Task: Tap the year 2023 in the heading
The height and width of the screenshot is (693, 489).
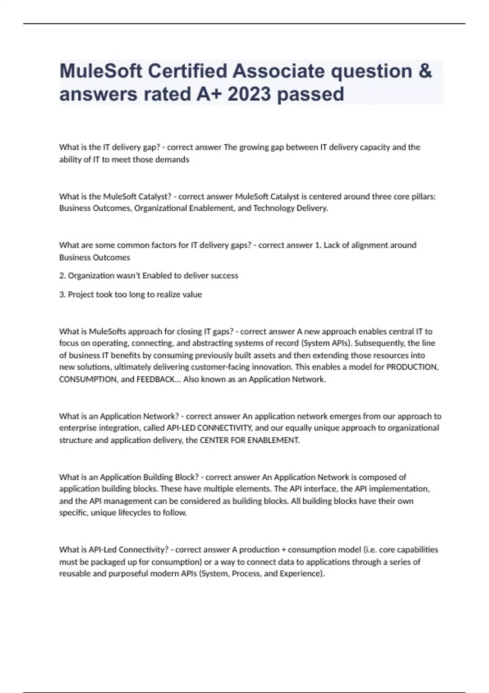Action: (x=249, y=94)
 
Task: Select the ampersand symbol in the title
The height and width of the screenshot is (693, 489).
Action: (x=425, y=71)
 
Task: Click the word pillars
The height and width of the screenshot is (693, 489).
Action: (x=421, y=196)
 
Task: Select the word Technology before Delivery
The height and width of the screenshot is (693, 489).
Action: (x=272, y=208)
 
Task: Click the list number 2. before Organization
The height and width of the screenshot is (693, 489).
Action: (x=62, y=276)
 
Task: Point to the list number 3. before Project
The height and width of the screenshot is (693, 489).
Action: (x=62, y=294)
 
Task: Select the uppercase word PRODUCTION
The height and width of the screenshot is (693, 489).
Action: (x=412, y=367)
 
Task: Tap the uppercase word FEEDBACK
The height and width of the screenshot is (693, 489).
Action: (x=155, y=380)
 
